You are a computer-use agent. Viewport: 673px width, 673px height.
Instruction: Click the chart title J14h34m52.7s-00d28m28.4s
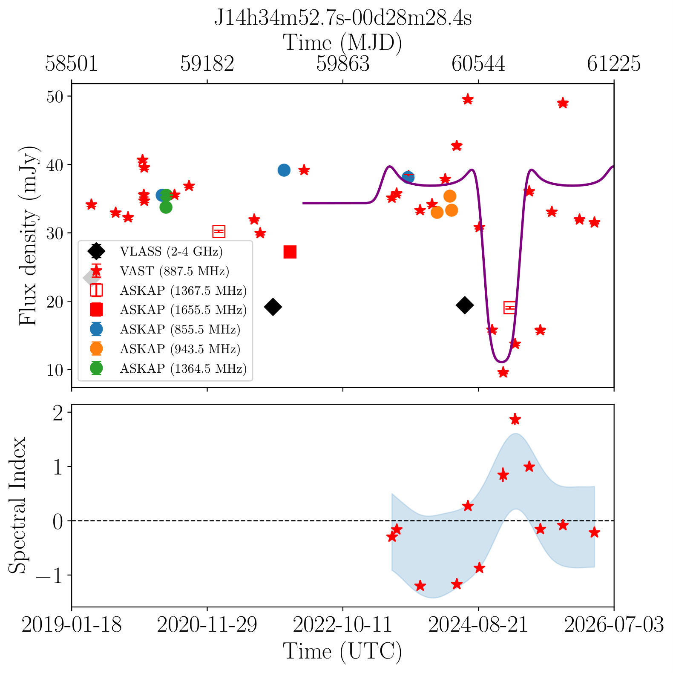coord(342,18)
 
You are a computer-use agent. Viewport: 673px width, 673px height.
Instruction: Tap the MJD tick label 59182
coord(207,64)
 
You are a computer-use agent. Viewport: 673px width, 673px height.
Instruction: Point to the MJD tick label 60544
coord(478,64)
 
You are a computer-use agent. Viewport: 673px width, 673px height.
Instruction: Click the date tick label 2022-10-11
coord(342,625)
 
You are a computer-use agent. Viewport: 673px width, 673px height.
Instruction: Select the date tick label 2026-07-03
coord(614,625)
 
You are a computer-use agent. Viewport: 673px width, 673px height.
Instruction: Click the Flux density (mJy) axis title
coord(29,236)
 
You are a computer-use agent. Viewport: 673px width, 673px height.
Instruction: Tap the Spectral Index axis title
coord(18,505)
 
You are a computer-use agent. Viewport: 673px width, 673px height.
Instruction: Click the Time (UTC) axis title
coord(342,652)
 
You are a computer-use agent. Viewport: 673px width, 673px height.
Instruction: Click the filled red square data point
coord(290,252)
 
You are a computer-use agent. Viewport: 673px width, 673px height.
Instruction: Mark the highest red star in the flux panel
coord(468,99)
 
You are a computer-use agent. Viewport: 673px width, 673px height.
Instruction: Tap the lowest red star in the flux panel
coord(503,372)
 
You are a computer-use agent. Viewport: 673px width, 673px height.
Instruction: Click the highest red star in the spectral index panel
coord(515,419)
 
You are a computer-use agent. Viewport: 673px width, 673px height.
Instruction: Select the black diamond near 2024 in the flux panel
coord(465,305)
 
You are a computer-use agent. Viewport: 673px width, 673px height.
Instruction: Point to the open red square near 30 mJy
coord(219,231)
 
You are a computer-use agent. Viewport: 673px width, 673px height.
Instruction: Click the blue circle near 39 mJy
coord(284,170)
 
